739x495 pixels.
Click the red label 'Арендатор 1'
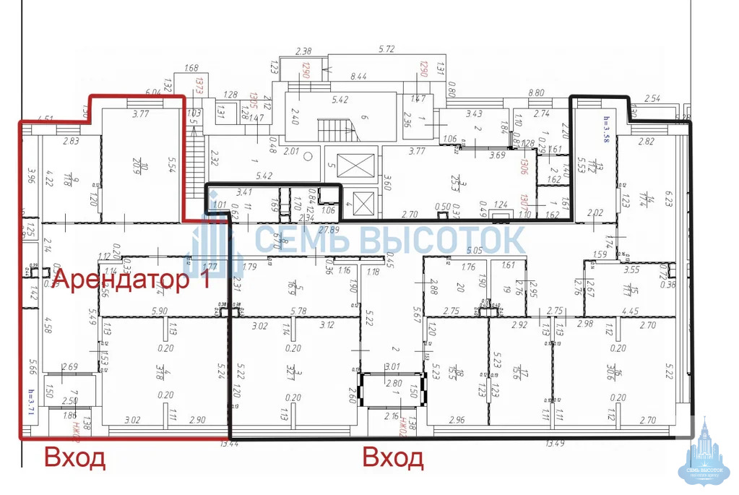[x=132, y=279]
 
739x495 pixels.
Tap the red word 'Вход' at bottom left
[x=75, y=458]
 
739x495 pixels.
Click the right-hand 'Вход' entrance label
[x=392, y=458]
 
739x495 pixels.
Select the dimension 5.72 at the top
[x=389, y=50]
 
